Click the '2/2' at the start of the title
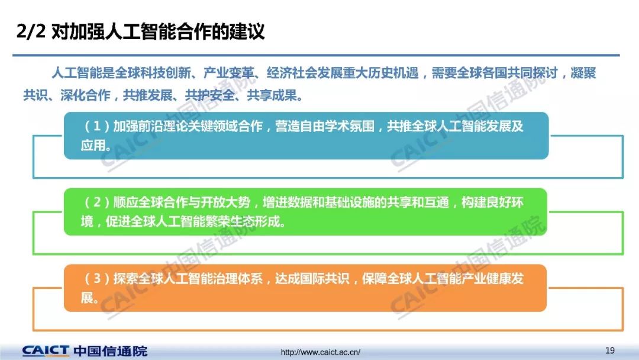click(31, 31)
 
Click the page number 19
click(609, 350)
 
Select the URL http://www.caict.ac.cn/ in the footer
click(320, 352)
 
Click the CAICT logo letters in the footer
click(46, 351)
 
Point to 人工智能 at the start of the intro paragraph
click(76, 73)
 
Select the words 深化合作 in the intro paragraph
click(86, 95)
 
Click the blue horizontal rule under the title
click(316, 54)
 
